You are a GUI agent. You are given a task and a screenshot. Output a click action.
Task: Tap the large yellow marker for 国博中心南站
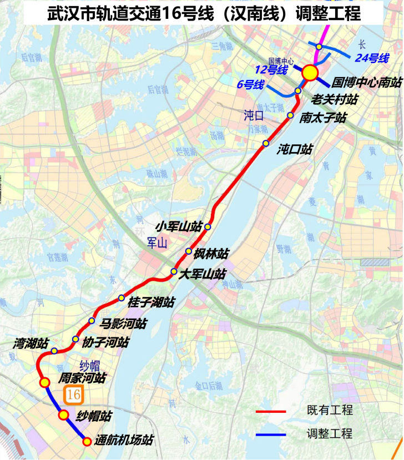[x=310, y=72]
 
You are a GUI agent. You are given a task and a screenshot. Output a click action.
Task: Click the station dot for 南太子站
[x=290, y=115]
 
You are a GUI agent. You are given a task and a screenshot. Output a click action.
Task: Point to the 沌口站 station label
[x=295, y=149]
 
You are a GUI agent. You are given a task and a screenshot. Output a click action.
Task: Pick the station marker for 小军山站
[x=208, y=226]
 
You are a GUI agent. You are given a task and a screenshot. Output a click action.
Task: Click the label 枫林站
[x=211, y=254]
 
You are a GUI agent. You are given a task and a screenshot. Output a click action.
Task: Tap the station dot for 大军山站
[x=174, y=272]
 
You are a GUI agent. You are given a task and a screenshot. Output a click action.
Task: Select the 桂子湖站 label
[x=151, y=302]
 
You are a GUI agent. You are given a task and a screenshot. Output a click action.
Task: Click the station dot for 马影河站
[x=92, y=321]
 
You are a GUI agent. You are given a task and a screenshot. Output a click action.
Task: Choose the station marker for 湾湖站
[x=54, y=351]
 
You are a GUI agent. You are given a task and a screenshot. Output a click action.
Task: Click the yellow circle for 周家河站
[x=45, y=382]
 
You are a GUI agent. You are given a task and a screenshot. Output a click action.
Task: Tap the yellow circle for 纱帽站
[x=63, y=415]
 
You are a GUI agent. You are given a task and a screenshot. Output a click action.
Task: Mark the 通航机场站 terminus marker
[x=87, y=442]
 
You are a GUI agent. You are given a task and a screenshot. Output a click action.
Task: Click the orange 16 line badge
[x=73, y=395]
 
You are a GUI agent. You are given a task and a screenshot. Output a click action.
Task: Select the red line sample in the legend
[x=270, y=412]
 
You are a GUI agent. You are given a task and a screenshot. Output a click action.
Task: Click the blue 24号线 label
[x=372, y=57]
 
